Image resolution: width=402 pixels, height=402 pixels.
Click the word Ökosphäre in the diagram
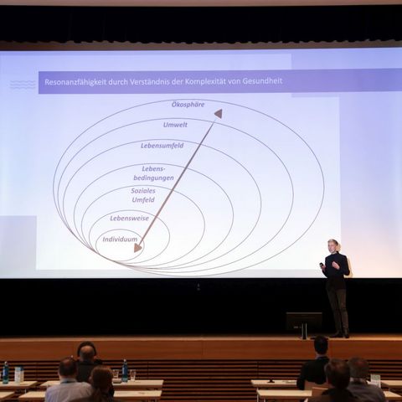coord(188,105)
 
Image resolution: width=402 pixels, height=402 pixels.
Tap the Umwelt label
coord(175,125)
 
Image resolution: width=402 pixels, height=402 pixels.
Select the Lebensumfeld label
coord(162,146)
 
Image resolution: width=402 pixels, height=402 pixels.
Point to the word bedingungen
coord(153,178)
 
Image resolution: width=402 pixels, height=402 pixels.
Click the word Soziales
coord(143,191)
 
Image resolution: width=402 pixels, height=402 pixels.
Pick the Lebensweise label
coord(129,218)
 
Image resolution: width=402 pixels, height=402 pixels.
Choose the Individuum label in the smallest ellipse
coord(120,240)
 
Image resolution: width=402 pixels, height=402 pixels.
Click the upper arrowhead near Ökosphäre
coord(219,113)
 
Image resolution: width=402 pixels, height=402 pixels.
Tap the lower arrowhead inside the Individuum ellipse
coord(137,247)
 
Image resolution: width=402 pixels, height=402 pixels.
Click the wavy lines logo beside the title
coord(23,85)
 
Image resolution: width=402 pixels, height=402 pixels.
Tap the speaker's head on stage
coord(333,245)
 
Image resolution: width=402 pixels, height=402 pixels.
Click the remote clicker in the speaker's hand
coord(322,265)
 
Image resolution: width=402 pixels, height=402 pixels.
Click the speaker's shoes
coord(339,334)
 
